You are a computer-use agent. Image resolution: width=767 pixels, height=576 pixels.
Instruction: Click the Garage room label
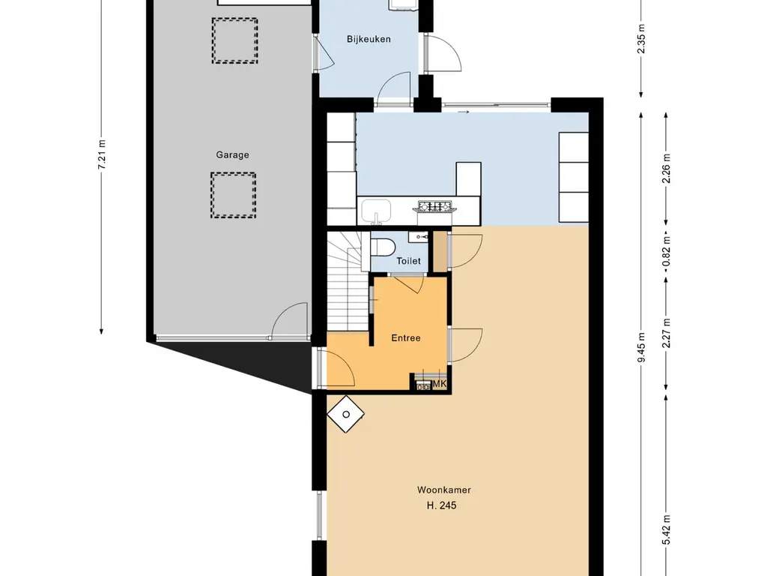point(232,154)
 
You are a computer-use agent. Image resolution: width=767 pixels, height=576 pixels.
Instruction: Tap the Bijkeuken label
point(369,39)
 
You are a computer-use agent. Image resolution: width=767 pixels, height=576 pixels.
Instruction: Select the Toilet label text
point(408,261)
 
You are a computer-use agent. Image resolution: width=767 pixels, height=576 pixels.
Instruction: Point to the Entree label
point(405,338)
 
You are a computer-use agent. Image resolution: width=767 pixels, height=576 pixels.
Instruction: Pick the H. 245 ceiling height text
point(441,505)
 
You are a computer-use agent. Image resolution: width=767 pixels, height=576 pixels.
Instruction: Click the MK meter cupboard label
point(440,384)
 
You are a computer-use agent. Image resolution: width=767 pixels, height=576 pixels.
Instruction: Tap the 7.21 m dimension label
point(102,154)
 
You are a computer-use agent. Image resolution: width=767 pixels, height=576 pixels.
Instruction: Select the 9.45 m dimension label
point(642,347)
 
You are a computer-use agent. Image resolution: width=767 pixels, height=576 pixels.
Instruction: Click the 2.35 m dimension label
point(642,39)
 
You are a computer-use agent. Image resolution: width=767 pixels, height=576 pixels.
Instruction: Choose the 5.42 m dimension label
point(666,529)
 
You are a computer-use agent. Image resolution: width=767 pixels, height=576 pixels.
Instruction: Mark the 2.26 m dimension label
point(666,169)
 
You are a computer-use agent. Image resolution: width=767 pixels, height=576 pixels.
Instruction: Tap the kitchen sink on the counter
point(376,212)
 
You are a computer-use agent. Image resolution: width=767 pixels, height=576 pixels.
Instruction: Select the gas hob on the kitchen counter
point(437,206)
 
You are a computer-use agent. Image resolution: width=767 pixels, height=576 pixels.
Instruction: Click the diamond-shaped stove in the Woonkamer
point(346,414)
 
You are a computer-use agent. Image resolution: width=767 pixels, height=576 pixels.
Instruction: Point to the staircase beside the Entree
point(348,281)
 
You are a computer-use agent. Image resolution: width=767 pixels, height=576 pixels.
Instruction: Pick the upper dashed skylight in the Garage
point(234,40)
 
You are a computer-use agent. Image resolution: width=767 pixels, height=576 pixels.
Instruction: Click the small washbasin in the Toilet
point(419,238)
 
